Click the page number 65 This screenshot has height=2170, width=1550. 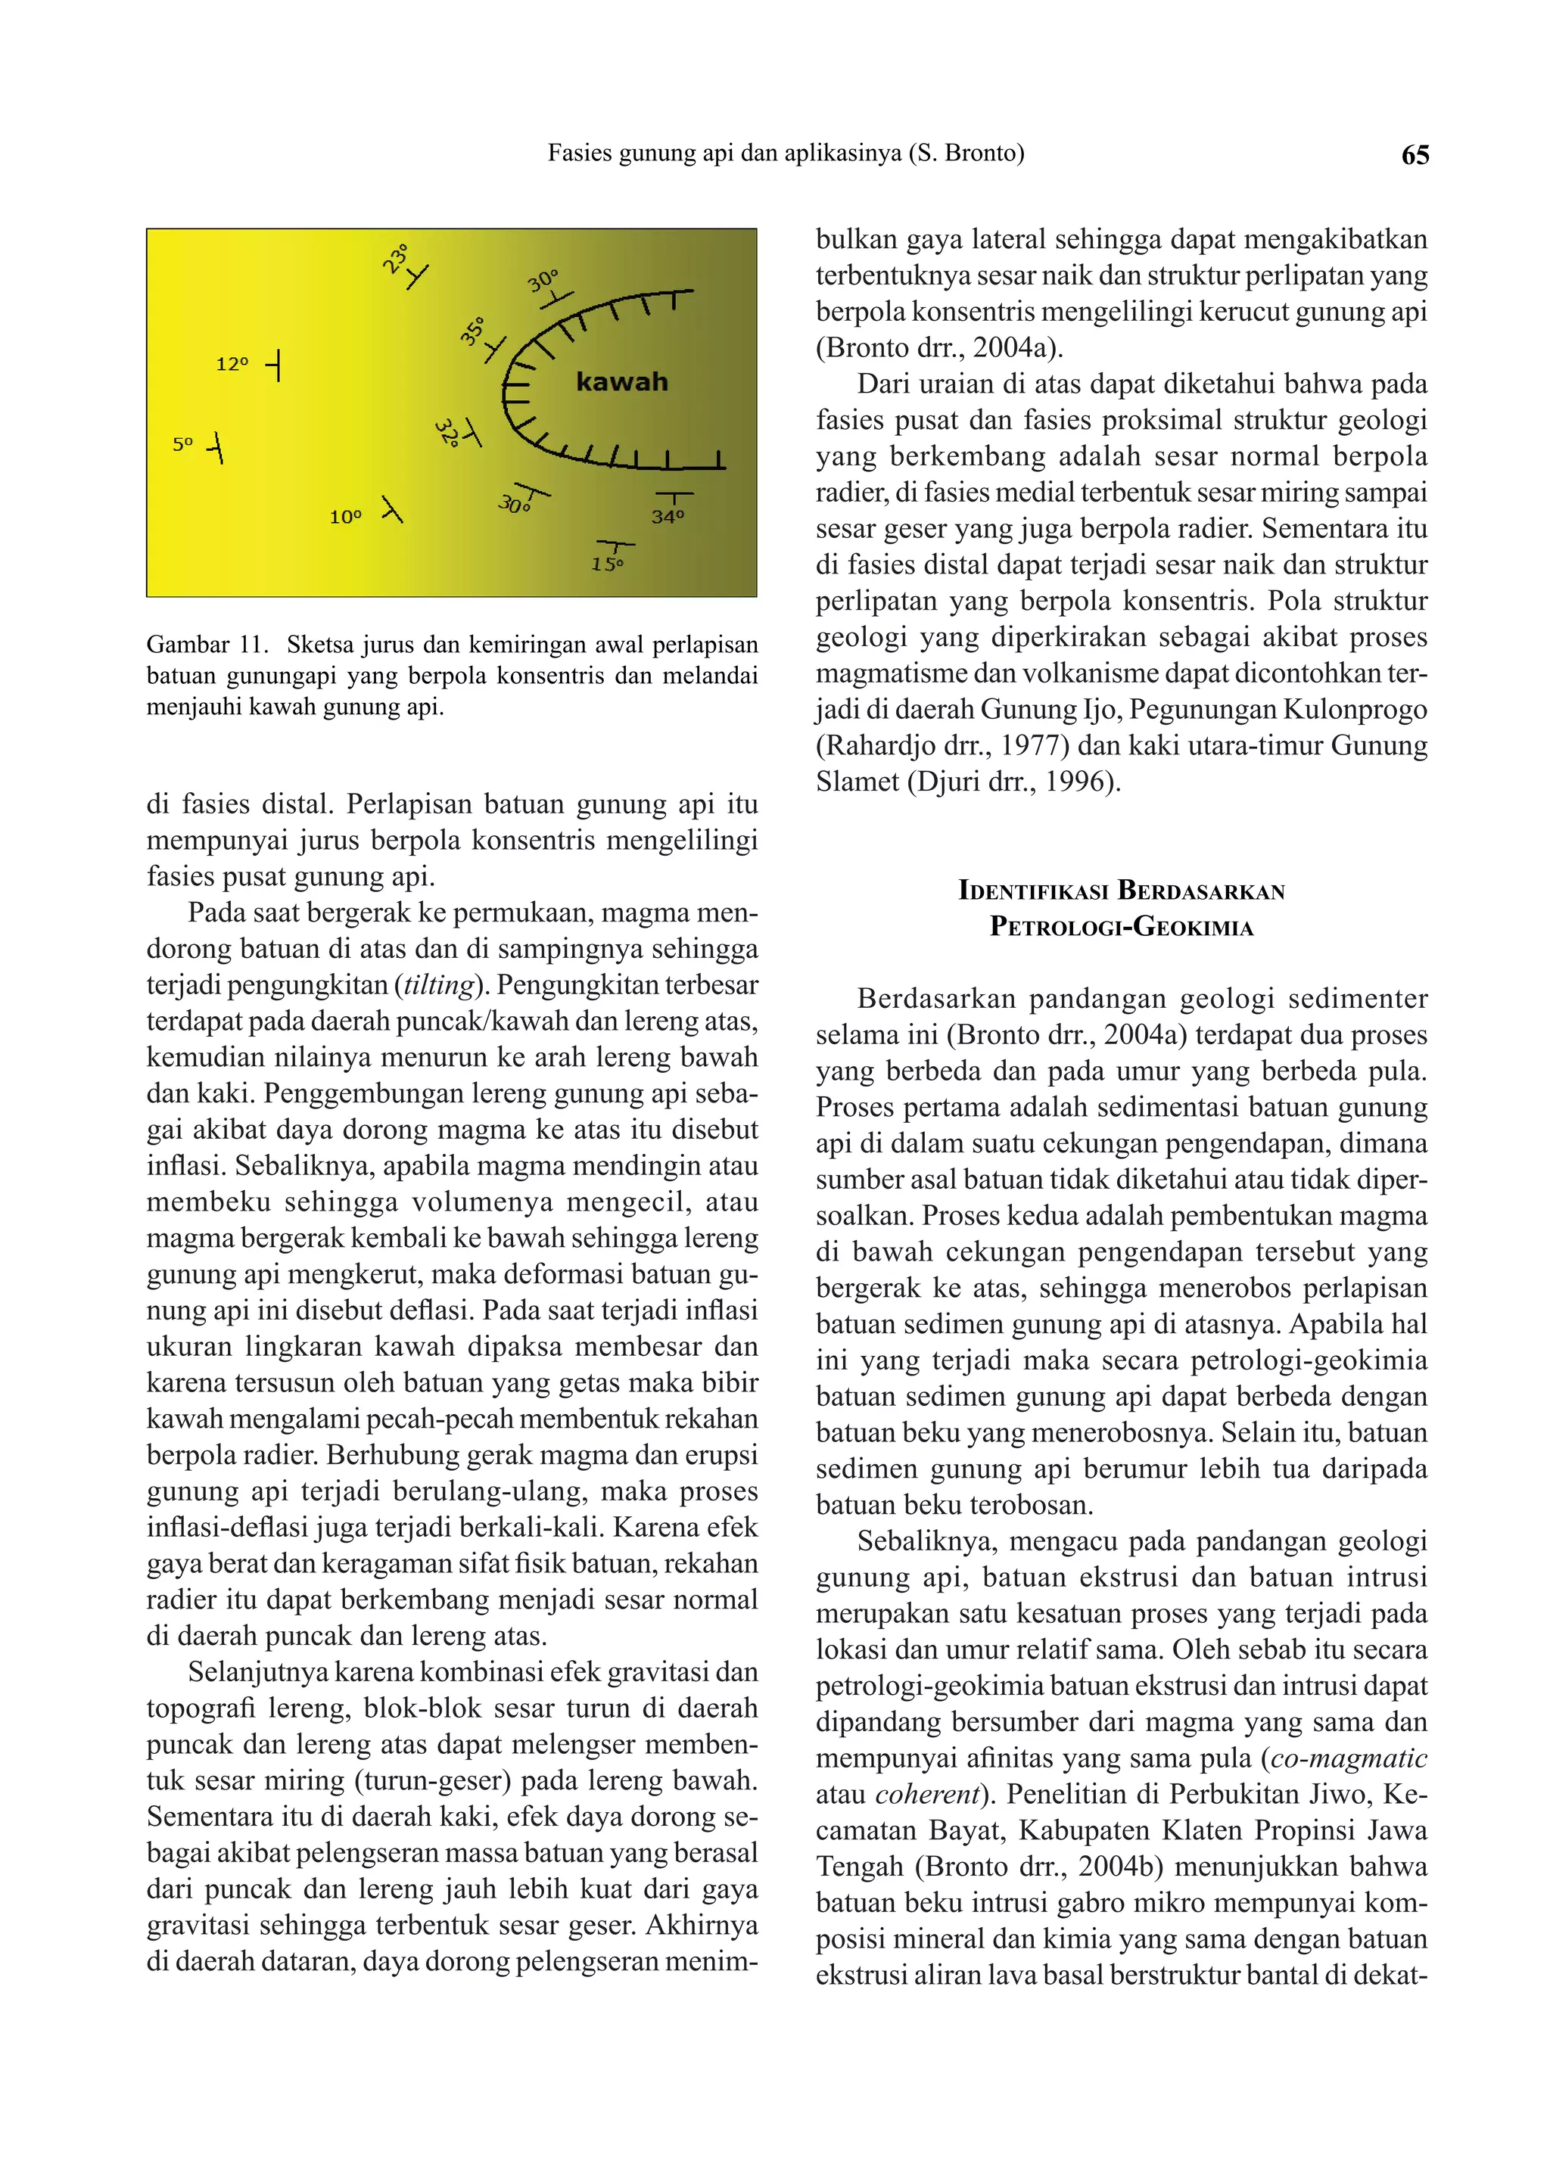click(1415, 154)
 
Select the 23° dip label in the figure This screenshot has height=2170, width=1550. click(395, 259)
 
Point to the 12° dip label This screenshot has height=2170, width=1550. click(232, 365)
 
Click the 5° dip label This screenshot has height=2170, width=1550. click(182, 443)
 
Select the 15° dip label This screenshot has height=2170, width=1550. click(607, 564)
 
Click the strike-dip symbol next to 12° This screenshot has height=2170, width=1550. click(275, 365)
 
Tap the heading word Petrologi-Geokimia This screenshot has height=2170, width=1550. click(1121, 927)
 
